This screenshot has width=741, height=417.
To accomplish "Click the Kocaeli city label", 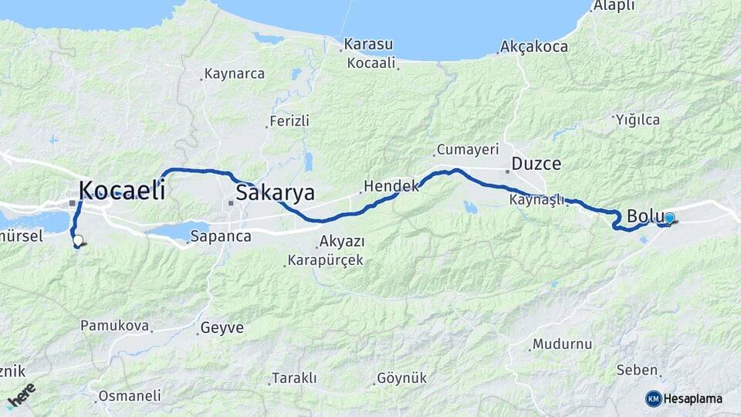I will point(122,190).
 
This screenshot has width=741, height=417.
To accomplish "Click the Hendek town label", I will point(390,186).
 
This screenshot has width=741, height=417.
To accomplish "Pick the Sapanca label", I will point(221,236).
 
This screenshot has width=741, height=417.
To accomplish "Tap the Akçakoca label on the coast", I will point(534,47).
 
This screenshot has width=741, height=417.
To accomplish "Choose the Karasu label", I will point(368,44).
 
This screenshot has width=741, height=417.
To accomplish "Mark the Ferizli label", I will point(289,121).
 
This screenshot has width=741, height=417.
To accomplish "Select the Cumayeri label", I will point(468,149).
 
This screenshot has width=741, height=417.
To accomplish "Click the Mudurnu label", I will point(562,344).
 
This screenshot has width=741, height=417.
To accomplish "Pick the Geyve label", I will point(222,328).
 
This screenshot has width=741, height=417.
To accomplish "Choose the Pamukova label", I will point(114,326).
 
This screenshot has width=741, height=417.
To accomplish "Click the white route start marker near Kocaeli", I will point(77,240).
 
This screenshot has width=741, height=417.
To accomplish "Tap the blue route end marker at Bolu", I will point(669,219).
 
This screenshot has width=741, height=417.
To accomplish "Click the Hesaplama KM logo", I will point(684,398).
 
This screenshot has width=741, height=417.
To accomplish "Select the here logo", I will point(22,395).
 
